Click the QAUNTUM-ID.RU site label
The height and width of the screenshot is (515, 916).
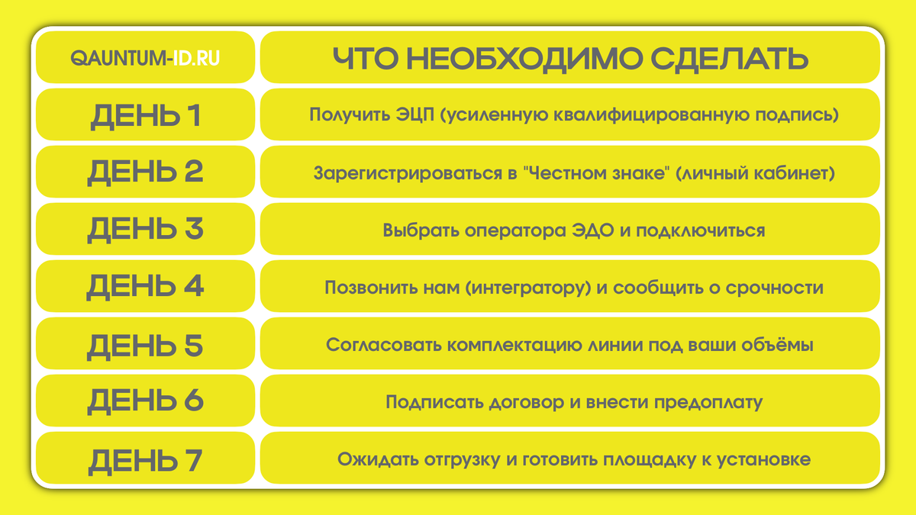pos(145,58)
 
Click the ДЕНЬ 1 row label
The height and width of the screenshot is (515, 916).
pos(145,115)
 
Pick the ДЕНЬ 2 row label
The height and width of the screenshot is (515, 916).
pos(145,172)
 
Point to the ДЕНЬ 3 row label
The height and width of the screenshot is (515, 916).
pos(145,230)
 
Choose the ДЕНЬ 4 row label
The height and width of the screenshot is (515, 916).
pos(145,287)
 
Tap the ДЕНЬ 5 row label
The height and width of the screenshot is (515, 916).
pos(145,345)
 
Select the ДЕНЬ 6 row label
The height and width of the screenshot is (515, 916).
pos(145,402)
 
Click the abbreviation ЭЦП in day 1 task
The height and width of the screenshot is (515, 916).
pos(413,115)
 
